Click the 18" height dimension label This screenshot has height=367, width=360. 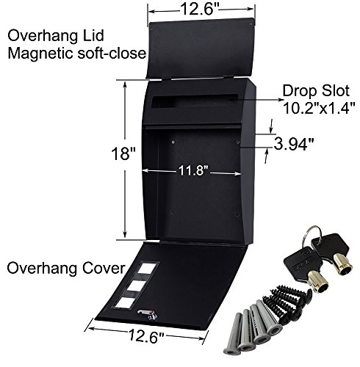tap(123, 153)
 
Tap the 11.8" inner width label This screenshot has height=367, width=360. tap(193, 170)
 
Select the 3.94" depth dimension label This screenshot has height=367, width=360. tap(294, 144)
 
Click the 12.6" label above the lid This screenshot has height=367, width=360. tap(199, 10)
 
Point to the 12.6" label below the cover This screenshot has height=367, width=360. tap(146, 335)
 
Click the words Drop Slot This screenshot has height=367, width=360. tap(316, 91)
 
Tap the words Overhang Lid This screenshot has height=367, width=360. tap(56, 36)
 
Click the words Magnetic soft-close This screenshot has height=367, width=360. tap(77, 54)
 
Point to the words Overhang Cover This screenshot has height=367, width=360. tap(66, 268)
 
